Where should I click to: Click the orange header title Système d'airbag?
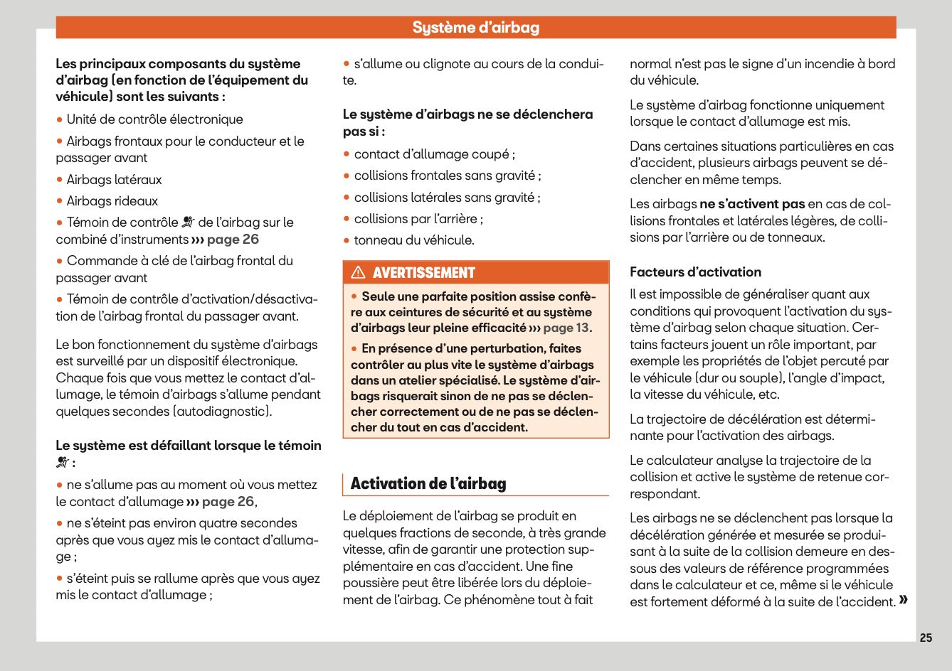[x=475, y=28]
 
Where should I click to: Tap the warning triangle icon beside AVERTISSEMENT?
[x=358, y=272]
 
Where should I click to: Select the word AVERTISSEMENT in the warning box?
[x=423, y=273]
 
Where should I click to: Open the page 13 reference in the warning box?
[x=566, y=328]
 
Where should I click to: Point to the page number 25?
[x=925, y=638]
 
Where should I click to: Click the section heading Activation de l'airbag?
[x=428, y=484]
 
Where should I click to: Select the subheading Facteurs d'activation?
[x=695, y=272]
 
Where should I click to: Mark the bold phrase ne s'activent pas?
[x=752, y=204]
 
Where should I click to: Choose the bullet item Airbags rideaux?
[x=112, y=201]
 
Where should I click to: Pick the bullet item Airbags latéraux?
[x=114, y=180]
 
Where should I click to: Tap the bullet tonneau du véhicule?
[x=414, y=240]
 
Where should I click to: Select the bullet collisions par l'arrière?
[x=418, y=219]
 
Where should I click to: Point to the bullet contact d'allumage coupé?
[x=434, y=154]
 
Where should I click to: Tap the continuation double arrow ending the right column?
[x=903, y=600]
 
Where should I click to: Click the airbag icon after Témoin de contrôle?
[x=188, y=222]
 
